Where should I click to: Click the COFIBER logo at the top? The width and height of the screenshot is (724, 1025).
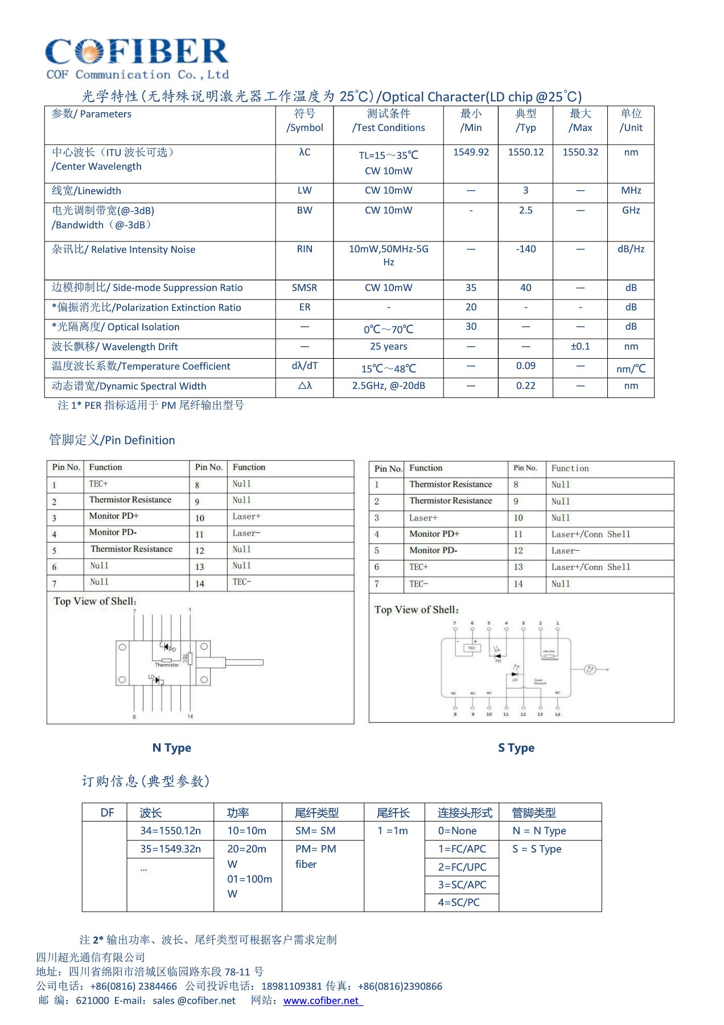[x=137, y=57]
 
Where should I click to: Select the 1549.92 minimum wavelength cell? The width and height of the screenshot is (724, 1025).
[x=471, y=153]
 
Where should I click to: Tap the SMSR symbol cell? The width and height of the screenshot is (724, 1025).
[x=305, y=288]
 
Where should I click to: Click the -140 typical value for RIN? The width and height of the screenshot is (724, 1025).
[x=525, y=249]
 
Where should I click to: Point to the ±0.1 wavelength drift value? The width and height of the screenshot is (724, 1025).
[x=580, y=347]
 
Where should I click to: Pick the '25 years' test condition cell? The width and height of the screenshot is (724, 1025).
[x=388, y=347]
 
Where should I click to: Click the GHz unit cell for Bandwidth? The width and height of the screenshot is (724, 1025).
[x=631, y=211]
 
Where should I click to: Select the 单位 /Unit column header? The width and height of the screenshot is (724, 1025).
[x=631, y=121]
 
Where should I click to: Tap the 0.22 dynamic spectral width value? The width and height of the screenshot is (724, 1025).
[x=525, y=386]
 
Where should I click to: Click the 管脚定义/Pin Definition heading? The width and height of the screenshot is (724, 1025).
[x=112, y=440]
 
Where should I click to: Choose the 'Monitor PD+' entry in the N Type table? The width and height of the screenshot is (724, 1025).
[x=114, y=516]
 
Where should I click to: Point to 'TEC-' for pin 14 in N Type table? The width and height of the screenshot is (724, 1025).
[x=242, y=582]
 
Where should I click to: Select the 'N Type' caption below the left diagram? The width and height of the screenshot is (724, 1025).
[x=172, y=748]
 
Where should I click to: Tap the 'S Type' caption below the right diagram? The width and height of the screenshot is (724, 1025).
[x=516, y=748]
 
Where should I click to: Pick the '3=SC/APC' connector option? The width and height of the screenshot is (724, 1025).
[x=462, y=885]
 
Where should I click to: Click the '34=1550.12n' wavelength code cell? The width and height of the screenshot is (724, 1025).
[x=170, y=831]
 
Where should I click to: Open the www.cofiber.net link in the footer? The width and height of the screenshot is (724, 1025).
[x=322, y=1001]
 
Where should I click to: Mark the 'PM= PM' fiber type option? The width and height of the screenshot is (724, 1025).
[x=316, y=849]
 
